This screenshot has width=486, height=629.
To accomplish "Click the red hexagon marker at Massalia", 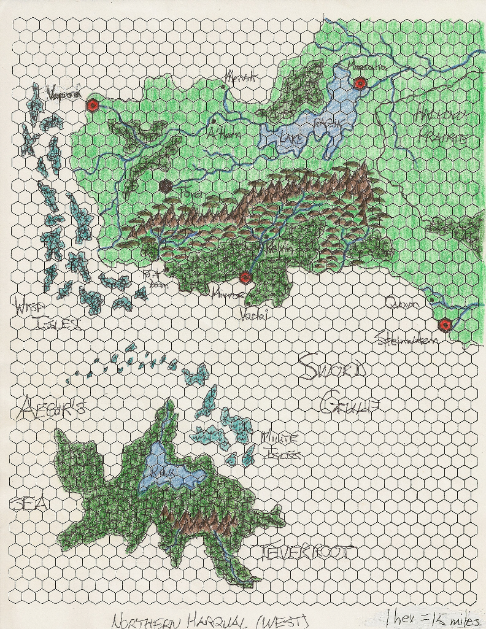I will coord(360,83).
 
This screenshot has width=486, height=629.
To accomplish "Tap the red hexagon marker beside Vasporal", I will coord(93,105).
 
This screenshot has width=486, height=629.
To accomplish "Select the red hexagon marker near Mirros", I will coord(245,277).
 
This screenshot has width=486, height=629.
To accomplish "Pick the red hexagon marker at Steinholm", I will coord(445,325).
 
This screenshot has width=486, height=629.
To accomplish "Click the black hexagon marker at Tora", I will coord(165,185).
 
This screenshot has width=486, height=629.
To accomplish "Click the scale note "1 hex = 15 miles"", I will coord(430,618).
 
